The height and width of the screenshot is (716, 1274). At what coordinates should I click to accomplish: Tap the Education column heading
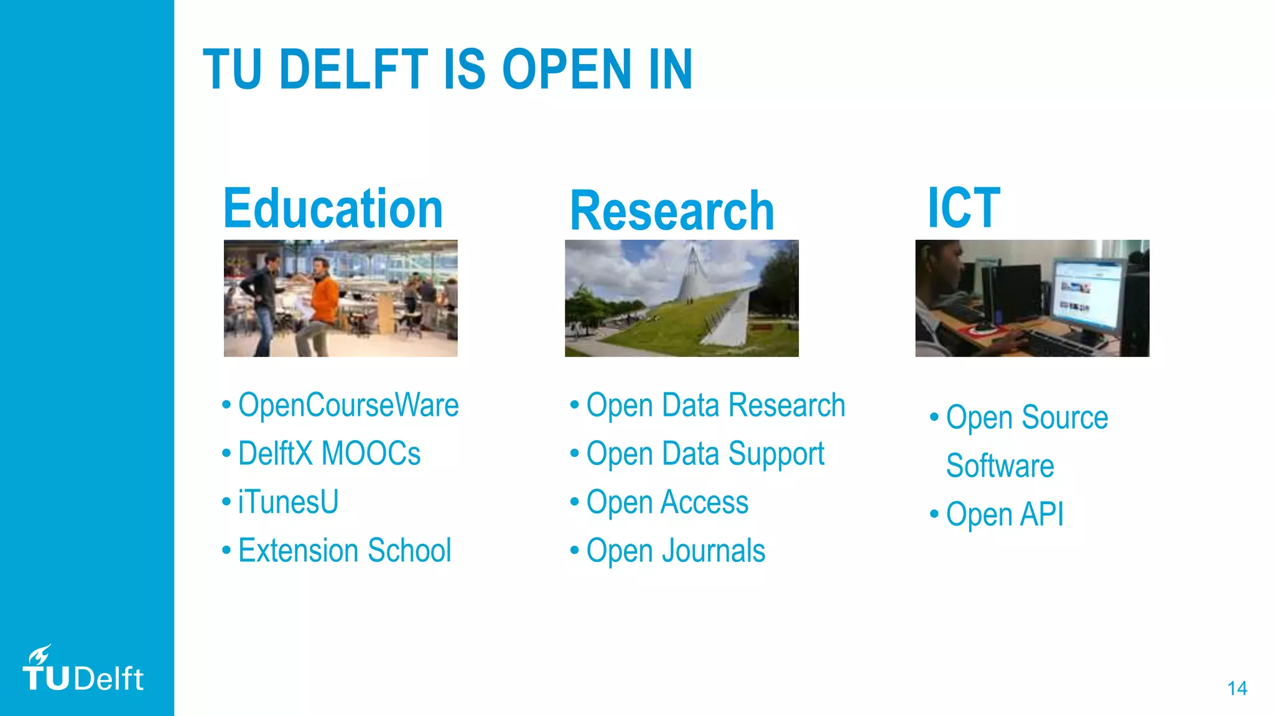point(333,209)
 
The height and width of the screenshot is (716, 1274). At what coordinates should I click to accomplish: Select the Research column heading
point(672,211)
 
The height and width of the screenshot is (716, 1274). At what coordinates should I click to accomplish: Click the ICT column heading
point(964,208)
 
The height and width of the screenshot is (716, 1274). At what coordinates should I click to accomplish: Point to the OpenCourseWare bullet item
point(348,405)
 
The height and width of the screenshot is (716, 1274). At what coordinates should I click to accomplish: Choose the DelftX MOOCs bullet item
point(329,454)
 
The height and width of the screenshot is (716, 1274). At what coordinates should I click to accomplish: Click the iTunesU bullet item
point(288,502)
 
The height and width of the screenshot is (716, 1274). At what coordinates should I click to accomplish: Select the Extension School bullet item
point(344,551)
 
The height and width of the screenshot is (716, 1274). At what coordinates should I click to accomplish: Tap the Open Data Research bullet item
point(715,405)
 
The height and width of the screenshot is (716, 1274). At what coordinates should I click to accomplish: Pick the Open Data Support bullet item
point(705,454)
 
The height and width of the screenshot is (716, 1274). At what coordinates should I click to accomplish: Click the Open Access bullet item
point(667,502)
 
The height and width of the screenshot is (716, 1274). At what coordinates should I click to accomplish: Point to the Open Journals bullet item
point(676,551)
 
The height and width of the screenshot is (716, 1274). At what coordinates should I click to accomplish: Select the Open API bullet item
point(1004,515)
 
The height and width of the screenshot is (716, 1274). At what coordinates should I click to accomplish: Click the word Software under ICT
point(1000,466)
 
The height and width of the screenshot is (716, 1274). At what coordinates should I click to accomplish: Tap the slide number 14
point(1237,688)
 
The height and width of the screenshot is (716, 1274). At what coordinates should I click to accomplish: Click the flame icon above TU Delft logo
point(40,654)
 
